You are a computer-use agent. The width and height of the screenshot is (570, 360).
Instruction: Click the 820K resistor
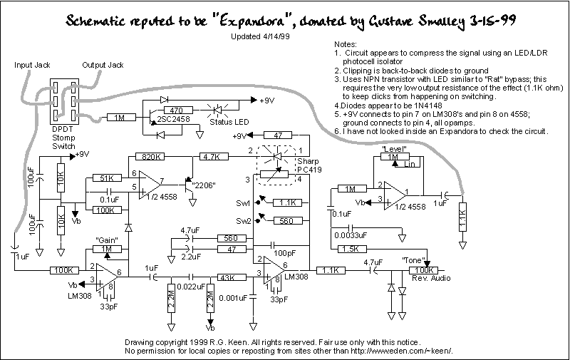point(150,157)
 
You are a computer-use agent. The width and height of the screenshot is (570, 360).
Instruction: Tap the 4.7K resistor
point(214,157)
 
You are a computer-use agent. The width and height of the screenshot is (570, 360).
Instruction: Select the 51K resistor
point(107,178)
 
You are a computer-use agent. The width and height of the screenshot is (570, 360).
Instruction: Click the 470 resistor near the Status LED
point(179,110)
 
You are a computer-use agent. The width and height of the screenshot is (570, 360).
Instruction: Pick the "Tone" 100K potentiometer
point(424,270)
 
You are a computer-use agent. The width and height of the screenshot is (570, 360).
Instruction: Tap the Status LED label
point(229,122)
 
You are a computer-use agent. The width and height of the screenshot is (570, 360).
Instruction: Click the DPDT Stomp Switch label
point(63,138)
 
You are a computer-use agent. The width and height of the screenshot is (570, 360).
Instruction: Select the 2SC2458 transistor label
point(173,119)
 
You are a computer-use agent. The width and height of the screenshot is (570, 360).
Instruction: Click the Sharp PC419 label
point(309,165)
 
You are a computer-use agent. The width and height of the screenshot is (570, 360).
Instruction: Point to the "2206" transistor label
point(204,185)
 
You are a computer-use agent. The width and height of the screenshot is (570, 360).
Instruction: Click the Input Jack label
point(32,65)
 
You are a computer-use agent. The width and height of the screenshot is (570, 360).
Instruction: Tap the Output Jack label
point(103,65)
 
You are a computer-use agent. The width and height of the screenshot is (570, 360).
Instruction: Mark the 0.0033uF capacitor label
point(351,235)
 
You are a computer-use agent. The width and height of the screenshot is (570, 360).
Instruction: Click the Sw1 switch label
point(243,203)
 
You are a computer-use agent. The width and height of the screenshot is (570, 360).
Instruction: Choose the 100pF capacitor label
point(284,253)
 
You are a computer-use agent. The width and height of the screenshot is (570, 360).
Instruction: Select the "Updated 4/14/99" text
point(260,37)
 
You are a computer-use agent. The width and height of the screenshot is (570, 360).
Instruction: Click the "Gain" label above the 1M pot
point(107,240)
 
